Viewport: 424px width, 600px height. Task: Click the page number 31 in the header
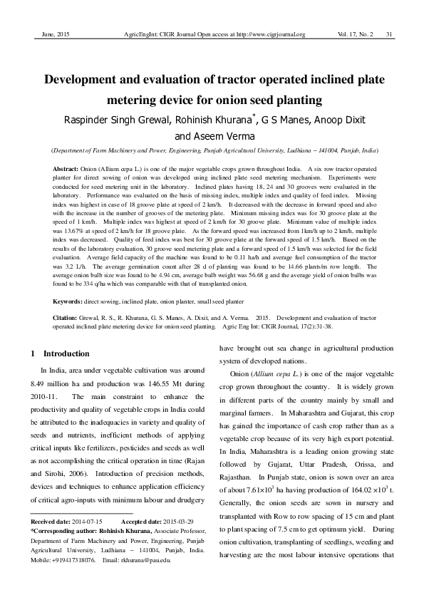[x=390, y=34]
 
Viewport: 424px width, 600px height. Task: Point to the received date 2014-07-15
[x=86, y=522]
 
